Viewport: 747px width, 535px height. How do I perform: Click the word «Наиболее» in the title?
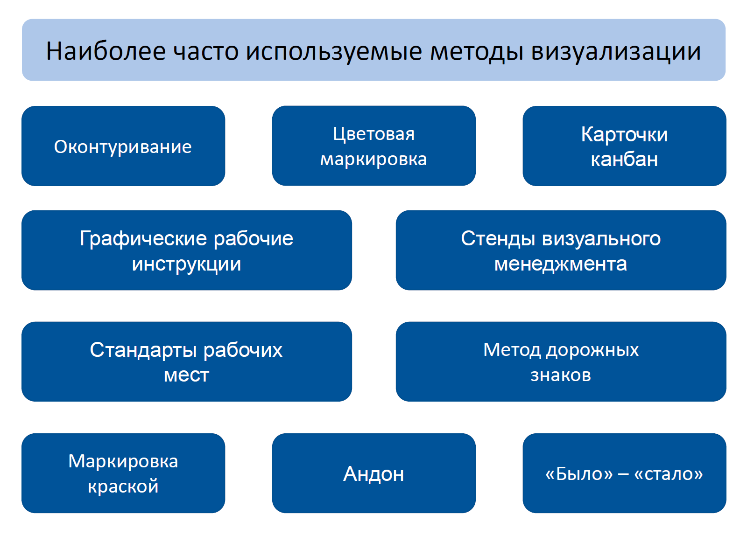[x=106, y=51]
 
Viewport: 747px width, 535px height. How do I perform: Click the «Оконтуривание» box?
[x=123, y=146]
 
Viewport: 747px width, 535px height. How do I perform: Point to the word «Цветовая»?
[x=373, y=135]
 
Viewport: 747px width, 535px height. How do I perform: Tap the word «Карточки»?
[x=624, y=135]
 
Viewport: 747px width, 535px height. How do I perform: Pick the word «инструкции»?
[x=186, y=264]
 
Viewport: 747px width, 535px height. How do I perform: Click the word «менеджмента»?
[x=561, y=264]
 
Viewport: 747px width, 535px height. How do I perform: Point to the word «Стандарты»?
[x=143, y=350]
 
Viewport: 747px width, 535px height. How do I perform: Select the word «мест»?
[x=186, y=375]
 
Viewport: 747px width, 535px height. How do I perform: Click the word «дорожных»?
[x=592, y=350]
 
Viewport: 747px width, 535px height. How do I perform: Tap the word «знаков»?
[x=561, y=375]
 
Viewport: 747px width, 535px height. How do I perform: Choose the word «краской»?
[x=123, y=487]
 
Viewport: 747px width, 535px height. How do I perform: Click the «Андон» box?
[x=373, y=473]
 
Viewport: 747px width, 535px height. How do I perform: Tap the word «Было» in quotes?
[x=578, y=474]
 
